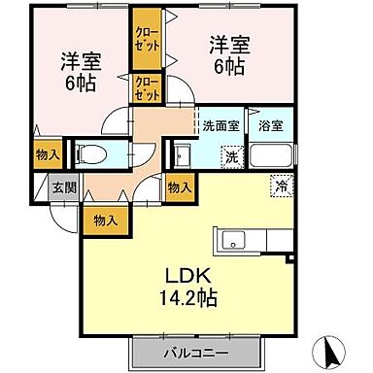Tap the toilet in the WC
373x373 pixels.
(88, 154)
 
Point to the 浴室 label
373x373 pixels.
(270, 125)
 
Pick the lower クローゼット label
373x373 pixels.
(147, 88)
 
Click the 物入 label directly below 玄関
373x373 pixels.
(106, 220)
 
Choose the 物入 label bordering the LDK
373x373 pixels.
(180, 187)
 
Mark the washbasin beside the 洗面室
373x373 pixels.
(182, 154)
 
